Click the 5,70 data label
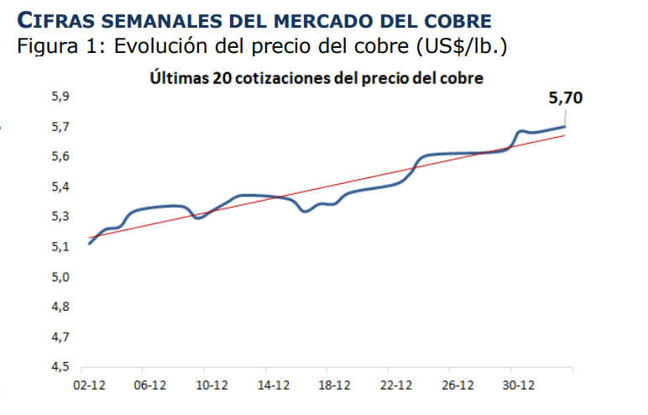[x=565, y=98]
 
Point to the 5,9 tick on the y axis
[x=60, y=97]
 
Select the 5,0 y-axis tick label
[x=60, y=277]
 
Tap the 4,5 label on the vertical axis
[x=60, y=367]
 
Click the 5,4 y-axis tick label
[x=60, y=186]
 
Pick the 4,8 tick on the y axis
[x=60, y=307]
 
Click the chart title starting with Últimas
[x=316, y=79]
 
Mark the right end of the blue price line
[x=565, y=126]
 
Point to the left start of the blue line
[x=89, y=244]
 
